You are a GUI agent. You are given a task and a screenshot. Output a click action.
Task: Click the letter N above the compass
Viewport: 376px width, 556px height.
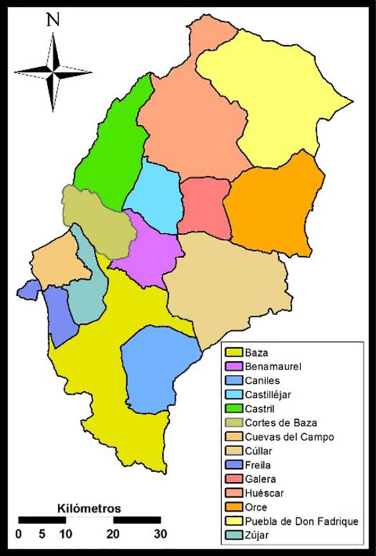53,20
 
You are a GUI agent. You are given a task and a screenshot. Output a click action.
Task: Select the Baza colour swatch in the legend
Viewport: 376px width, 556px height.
233,353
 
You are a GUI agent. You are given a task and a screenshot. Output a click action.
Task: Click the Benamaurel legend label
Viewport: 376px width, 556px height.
272,367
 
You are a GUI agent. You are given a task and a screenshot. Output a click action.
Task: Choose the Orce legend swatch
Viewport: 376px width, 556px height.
233,507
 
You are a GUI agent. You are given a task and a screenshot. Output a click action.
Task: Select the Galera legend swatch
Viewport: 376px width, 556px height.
233,479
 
